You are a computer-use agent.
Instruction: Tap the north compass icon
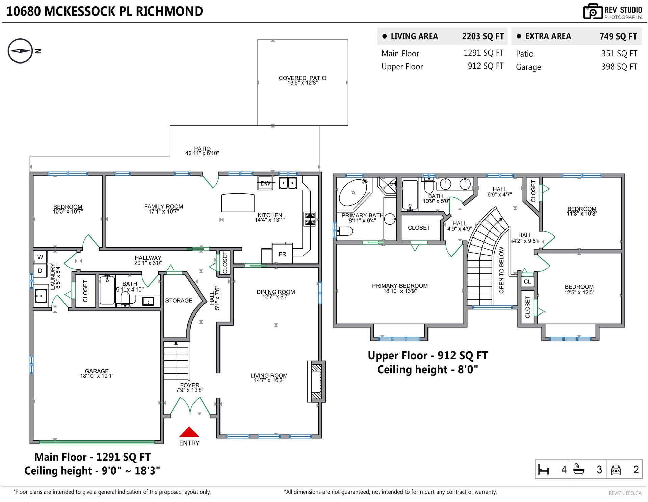(20, 51)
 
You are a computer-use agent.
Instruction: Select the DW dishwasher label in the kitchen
(265, 183)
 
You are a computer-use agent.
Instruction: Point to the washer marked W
(40, 257)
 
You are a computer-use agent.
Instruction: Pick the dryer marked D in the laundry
(40, 271)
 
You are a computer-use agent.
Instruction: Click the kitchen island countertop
(238, 202)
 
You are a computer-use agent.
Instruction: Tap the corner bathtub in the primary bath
(354, 193)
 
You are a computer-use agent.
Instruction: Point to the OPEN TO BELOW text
(501, 270)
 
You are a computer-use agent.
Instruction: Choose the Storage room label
(179, 300)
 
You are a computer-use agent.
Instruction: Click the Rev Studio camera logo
(593, 11)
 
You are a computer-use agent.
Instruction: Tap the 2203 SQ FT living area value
(483, 36)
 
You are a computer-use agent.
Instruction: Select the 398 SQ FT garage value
(619, 67)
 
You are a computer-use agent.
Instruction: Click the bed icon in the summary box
(543, 470)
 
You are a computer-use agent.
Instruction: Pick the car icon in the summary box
(616, 470)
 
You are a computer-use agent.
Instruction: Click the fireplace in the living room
(316, 381)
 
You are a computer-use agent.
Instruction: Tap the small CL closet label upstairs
(527, 282)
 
